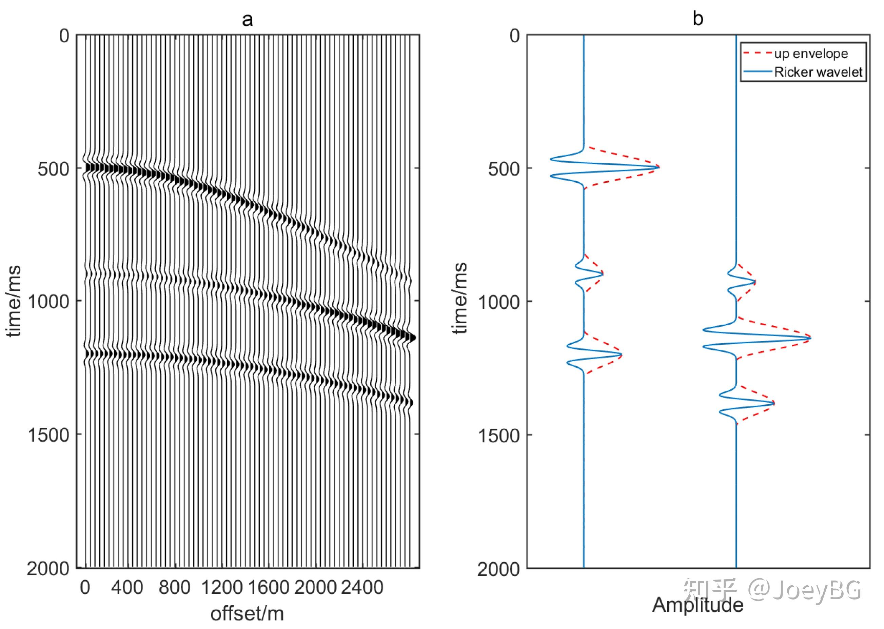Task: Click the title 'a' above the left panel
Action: coord(247,19)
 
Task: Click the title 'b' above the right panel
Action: coord(698,19)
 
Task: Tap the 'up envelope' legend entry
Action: coord(811,54)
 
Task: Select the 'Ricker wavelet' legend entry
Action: coord(818,72)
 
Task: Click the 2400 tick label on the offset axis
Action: coord(362,587)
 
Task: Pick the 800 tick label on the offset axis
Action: coord(174,587)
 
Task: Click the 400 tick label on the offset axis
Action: coord(127,587)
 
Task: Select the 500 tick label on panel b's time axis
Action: coord(504,169)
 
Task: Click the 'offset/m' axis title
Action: coord(247,613)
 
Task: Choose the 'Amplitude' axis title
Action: coord(698,605)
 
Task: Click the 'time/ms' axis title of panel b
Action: coord(460,298)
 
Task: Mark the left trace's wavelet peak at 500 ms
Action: coord(659,167)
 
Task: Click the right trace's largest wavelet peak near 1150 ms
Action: coord(810,338)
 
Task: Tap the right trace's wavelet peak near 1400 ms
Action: coord(773,403)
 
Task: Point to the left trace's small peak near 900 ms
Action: coord(603,274)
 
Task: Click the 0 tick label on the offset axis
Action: coord(85,587)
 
